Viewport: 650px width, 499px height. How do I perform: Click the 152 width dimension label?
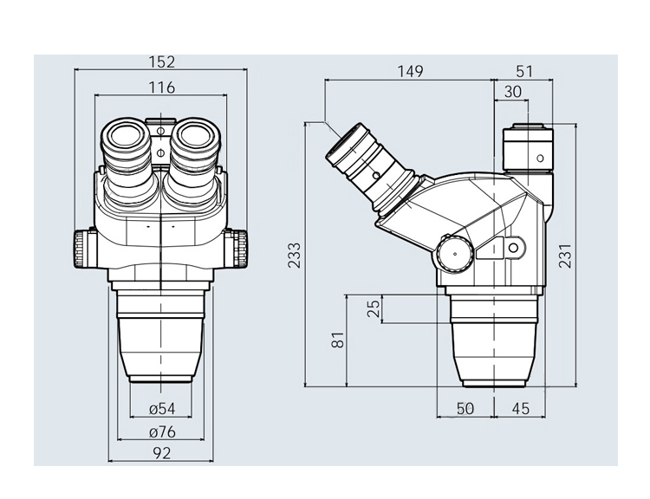[162, 62]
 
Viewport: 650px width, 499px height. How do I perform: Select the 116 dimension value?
[162, 87]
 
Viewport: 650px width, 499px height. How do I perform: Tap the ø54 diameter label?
[162, 409]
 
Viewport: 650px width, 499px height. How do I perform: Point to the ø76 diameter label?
[162, 432]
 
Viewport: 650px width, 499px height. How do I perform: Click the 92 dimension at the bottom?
[162, 453]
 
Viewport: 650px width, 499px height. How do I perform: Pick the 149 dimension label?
[411, 71]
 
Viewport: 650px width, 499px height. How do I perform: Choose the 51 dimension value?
[524, 71]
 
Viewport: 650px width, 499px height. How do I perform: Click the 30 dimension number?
[513, 92]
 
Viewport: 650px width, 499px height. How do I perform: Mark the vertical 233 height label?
[295, 256]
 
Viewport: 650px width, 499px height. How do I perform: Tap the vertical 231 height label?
[565, 256]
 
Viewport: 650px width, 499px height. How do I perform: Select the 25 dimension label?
[374, 308]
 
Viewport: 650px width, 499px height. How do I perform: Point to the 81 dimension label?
[338, 340]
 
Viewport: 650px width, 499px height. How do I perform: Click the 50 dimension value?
[465, 409]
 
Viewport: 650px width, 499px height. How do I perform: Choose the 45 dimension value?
[521, 409]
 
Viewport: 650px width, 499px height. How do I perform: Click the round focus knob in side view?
[454, 253]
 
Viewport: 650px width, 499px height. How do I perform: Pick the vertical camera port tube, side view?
[528, 148]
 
